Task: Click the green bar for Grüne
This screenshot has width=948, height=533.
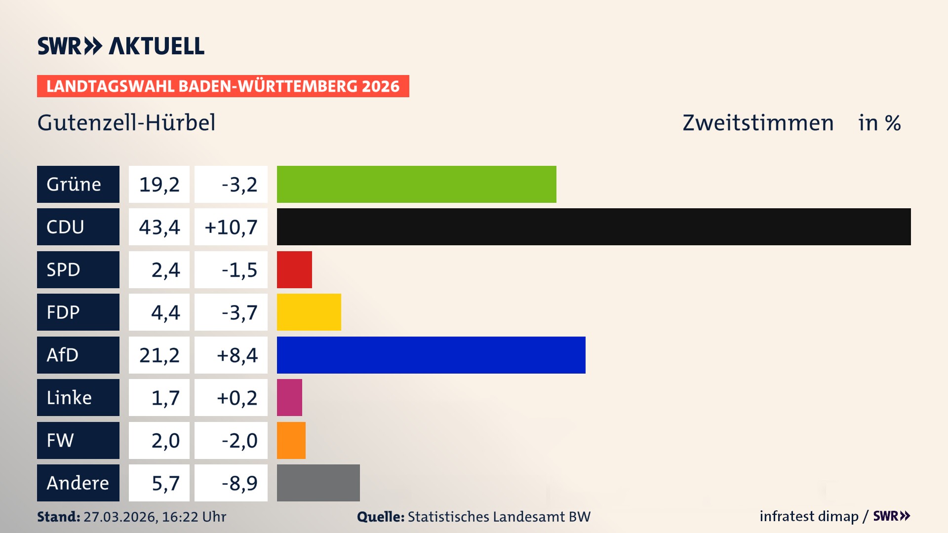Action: point(416,184)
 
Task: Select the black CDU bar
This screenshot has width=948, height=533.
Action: point(593,227)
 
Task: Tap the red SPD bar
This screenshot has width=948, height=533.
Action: point(294,269)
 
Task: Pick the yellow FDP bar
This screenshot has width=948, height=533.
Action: point(309,312)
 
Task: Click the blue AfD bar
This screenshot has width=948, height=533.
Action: point(431,355)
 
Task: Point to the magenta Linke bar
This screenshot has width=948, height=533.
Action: point(289,397)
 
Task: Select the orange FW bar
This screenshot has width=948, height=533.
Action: point(291,440)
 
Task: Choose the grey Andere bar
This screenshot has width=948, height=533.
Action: point(318,483)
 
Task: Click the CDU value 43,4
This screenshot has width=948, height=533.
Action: point(159,227)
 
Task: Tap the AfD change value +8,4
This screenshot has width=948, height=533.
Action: point(237,355)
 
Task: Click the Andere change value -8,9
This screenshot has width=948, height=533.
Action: point(239,483)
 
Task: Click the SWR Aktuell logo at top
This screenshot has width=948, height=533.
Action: point(120,46)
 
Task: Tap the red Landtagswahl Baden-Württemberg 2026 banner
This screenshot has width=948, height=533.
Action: point(223,86)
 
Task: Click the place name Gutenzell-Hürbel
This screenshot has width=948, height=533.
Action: point(126,122)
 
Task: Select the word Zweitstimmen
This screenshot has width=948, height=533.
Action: point(758,123)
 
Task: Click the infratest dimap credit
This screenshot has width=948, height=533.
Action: point(809,516)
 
